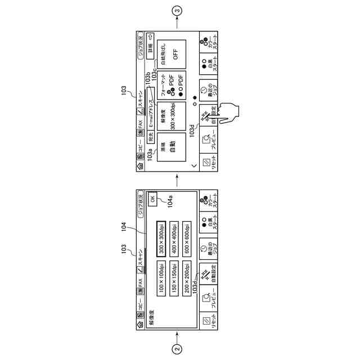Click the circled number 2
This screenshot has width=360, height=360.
(x=178, y=349)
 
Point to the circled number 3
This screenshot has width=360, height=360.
(x=178, y=10)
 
